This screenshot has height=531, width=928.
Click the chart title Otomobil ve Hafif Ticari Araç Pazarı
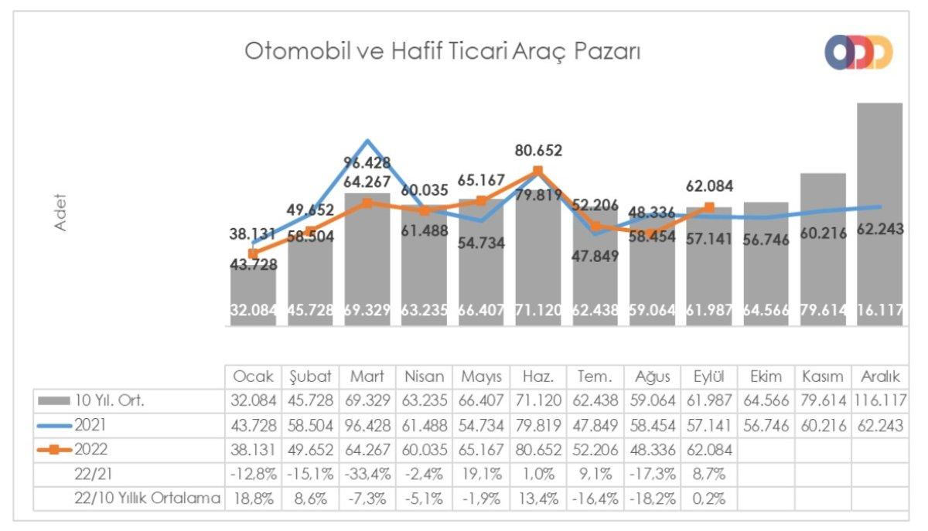tap(442, 51)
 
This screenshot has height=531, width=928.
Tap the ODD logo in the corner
tap(858, 52)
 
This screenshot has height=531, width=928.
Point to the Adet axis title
tap(60, 212)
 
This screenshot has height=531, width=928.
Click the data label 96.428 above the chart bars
tap(367, 163)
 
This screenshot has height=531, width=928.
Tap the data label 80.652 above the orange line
tap(538, 151)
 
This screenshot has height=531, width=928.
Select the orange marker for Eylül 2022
tap(710, 206)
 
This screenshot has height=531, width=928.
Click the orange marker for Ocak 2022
tap(253, 253)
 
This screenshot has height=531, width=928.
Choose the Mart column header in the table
tap(367, 376)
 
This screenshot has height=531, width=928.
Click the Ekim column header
tap(765, 376)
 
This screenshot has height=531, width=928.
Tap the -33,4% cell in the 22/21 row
tap(367, 475)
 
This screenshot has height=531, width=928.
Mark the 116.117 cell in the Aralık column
tap(879, 400)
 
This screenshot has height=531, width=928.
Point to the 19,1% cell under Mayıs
tap(481, 475)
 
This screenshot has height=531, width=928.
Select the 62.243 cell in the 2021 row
tap(879, 425)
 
